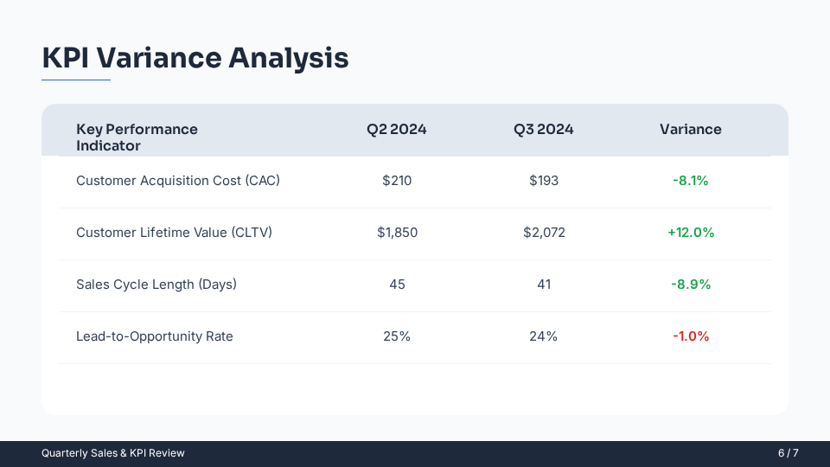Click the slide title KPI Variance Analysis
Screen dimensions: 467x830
[195, 58]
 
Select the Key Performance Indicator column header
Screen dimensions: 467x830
[137, 138]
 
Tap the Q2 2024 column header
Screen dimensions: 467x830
[397, 130]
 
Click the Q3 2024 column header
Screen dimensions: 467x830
[544, 130]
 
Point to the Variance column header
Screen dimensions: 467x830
[690, 130]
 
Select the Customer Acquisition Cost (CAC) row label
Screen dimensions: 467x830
[178, 181]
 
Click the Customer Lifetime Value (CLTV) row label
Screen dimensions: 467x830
[174, 233]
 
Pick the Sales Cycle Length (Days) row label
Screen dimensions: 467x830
[156, 285]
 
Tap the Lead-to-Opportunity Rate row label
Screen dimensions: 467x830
[155, 336]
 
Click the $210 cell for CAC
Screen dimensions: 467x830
[397, 181]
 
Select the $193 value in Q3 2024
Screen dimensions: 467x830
[544, 181]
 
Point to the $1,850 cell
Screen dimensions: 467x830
[397, 233]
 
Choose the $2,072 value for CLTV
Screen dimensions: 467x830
[544, 233]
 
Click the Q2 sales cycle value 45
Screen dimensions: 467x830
[397, 285]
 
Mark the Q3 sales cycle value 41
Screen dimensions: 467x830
[544, 285]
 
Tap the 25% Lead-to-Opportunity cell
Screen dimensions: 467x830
[397, 336]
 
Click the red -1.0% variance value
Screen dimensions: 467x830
[691, 336]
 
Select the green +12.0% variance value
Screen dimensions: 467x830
[691, 233]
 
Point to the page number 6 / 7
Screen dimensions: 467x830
[788, 453]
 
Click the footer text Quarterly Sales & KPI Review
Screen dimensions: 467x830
[113, 453]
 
